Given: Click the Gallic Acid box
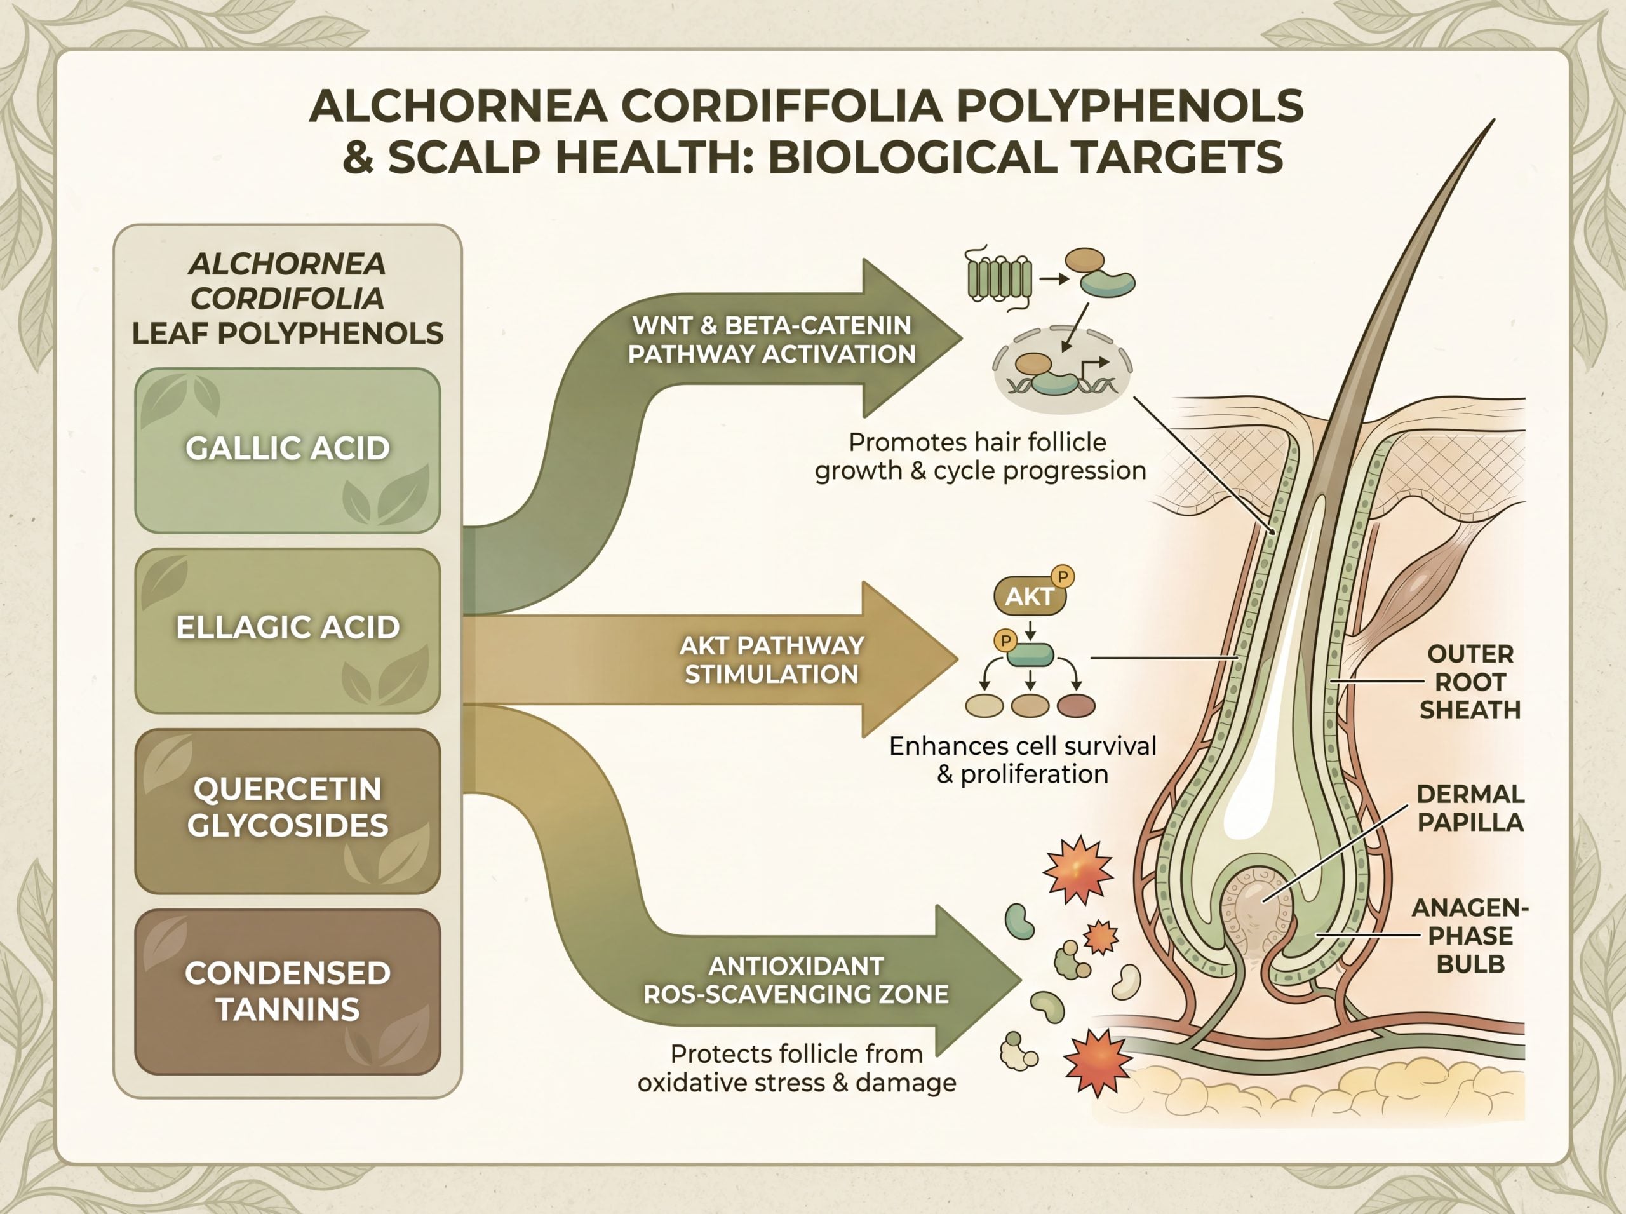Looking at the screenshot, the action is (x=287, y=450).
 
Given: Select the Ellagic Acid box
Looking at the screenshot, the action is (x=287, y=631).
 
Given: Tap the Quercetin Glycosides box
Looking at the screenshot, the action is (x=287, y=811).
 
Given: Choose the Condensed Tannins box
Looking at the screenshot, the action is (x=287, y=991).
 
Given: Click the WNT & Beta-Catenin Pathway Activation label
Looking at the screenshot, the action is (x=772, y=339).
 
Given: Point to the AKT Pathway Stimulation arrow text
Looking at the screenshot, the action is (x=772, y=659).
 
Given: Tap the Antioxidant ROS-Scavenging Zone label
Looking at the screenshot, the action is (x=796, y=980).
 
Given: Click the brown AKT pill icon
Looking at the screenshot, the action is (x=1030, y=596).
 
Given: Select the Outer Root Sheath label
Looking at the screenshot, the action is (x=1470, y=682).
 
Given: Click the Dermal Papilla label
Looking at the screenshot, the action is (x=1470, y=807).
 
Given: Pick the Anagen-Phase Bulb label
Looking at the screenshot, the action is (x=1470, y=936).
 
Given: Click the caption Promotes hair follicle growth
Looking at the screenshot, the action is (x=980, y=456).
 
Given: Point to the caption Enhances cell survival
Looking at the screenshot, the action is (x=1023, y=759).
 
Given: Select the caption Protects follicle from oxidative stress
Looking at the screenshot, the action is (x=796, y=1068).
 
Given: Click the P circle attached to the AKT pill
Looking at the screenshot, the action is (x=1063, y=577).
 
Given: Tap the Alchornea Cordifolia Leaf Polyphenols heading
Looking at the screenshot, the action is (x=287, y=299).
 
